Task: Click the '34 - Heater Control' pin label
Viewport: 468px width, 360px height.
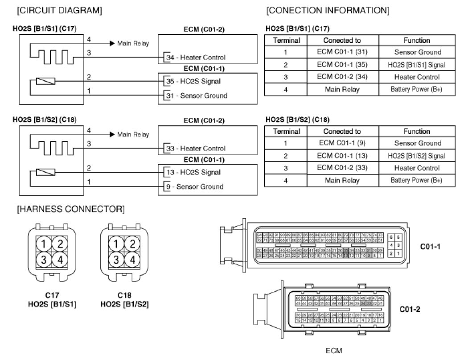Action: click(x=195, y=58)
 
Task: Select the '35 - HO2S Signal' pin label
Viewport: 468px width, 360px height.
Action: click(x=193, y=82)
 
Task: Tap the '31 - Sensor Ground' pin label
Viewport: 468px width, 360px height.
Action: click(x=196, y=95)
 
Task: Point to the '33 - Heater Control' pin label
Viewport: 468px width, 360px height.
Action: click(x=195, y=149)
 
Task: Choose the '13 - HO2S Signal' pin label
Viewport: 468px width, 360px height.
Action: click(x=193, y=172)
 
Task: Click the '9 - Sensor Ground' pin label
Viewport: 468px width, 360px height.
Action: click(x=194, y=186)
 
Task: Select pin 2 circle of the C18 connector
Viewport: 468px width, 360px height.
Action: click(x=131, y=244)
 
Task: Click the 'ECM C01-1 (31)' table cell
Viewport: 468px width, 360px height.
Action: click(x=342, y=52)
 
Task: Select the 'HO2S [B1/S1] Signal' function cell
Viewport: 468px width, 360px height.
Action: click(x=417, y=65)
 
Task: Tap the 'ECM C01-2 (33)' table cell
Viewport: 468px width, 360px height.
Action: click(x=342, y=168)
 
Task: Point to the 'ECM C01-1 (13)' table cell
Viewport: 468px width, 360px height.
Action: click(x=342, y=156)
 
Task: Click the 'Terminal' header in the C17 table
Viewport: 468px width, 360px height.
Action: click(x=286, y=40)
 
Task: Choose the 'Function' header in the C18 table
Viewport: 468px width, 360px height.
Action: click(x=417, y=132)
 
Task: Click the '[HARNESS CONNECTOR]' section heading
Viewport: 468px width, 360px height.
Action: click(x=70, y=209)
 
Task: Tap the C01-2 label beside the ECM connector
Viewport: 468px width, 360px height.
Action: click(x=410, y=308)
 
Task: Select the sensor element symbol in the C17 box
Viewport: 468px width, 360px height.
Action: click(x=46, y=82)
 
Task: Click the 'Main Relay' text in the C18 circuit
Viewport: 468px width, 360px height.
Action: click(x=133, y=134)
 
